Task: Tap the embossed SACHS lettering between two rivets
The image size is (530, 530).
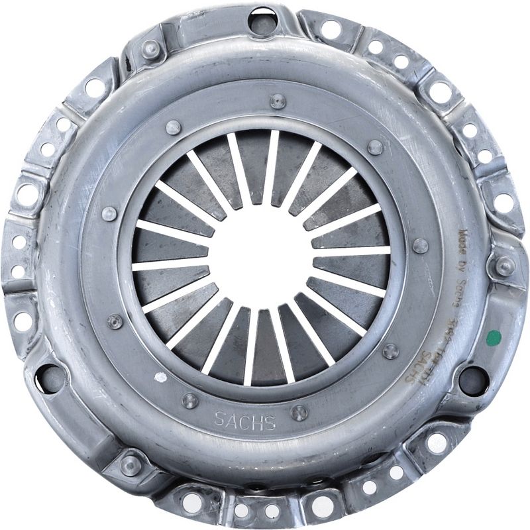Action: (x=245, y=421)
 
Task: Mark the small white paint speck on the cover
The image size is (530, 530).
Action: (x=160, y=378)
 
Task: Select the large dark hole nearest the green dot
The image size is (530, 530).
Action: (x=473, y=380)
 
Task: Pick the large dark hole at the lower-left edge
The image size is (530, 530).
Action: (x=51, y=378)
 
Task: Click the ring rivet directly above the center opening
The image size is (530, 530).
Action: (x=278, y=101)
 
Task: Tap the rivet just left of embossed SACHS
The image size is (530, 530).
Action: (x=190, y=400)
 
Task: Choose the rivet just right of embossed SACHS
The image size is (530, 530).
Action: (x=299, y=412)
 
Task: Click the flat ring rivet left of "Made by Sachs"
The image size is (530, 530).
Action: (x=420, y=246)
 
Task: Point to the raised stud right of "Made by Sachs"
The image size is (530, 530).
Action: (x=504, y=266)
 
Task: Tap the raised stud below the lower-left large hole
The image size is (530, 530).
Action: (x=131, y=464)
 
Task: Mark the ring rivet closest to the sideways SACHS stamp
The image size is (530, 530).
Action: (x=391, y=350)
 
